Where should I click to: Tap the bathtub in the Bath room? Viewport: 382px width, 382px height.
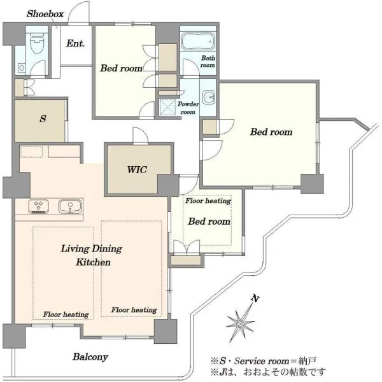point(198,41)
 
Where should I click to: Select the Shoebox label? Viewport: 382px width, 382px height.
point(45,14)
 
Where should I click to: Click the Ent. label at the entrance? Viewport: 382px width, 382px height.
point(76,43)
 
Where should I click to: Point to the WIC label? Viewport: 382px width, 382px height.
point(137,169)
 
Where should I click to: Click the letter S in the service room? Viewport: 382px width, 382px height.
point(43,118)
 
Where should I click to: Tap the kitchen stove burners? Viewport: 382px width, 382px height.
point(38,206)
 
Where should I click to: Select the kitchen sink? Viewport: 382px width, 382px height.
point(70,206)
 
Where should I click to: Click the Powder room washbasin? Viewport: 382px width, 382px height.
point(209,97)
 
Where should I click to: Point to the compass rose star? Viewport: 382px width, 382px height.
point(240,322)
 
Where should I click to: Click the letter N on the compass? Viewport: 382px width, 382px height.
point(255,299)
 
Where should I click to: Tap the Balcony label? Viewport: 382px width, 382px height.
point(90,357)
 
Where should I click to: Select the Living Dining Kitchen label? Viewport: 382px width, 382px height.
point(92,255)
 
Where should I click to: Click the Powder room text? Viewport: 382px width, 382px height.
point(188,108)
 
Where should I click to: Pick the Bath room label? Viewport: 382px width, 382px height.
point(208,62)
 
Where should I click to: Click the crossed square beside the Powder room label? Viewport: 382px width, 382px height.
point(167,107)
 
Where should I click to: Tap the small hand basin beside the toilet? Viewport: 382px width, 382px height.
point(22,67)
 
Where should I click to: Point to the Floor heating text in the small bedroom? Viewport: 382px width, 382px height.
point(208,201)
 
